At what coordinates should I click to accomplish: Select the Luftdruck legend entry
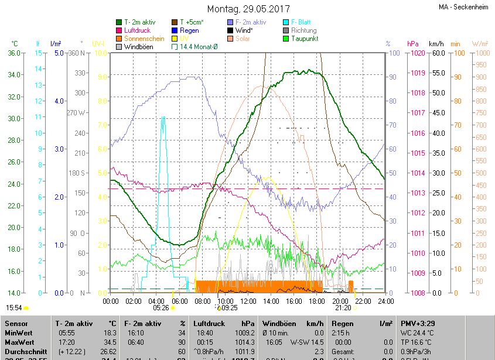click(138, 30)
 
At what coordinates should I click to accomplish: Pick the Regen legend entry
click(189, 30)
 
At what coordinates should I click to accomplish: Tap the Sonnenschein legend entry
click(144, 39)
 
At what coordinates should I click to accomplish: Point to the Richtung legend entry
click(303, 30)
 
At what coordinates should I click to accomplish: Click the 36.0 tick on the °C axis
click(13, 53)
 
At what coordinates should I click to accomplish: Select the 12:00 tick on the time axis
click(248, 301)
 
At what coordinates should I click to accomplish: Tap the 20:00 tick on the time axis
click(339, 301)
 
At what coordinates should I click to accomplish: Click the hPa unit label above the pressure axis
click(413, 44)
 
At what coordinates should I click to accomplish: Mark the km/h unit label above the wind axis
click(436, 44)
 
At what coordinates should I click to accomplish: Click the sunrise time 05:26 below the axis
click(161, 307)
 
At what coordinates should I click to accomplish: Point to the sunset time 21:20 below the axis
click(343, 307)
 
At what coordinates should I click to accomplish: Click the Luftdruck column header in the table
click(209, 323)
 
